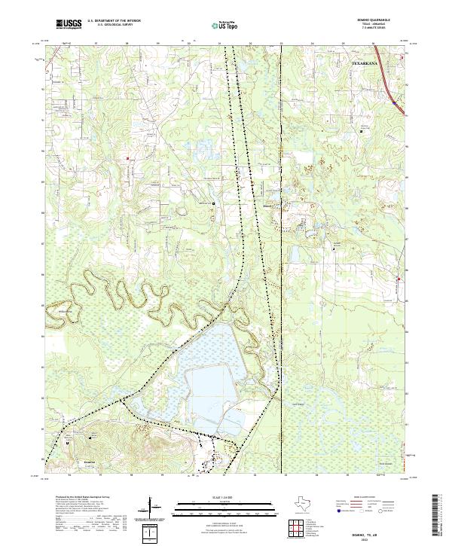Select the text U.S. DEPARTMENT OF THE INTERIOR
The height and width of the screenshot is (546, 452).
[x=111, y=21]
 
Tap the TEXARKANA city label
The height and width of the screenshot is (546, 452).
[x=367, y=64]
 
